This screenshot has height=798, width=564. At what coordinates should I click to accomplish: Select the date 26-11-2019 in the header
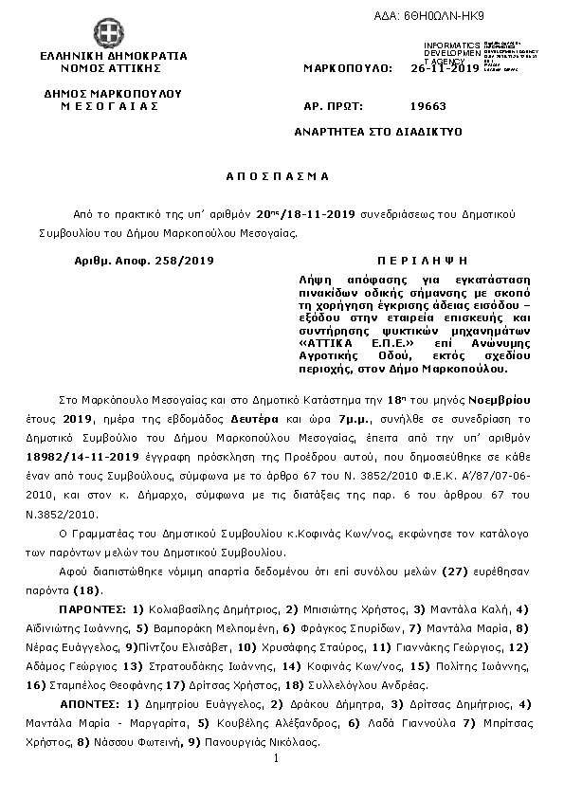445,69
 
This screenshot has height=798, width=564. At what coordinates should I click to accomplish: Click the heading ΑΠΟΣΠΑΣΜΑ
277,176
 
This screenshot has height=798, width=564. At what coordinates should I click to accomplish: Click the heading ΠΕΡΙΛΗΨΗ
409,260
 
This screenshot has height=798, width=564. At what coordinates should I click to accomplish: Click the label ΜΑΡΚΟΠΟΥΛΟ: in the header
348,69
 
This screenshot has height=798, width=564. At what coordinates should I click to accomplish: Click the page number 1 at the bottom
274,758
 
